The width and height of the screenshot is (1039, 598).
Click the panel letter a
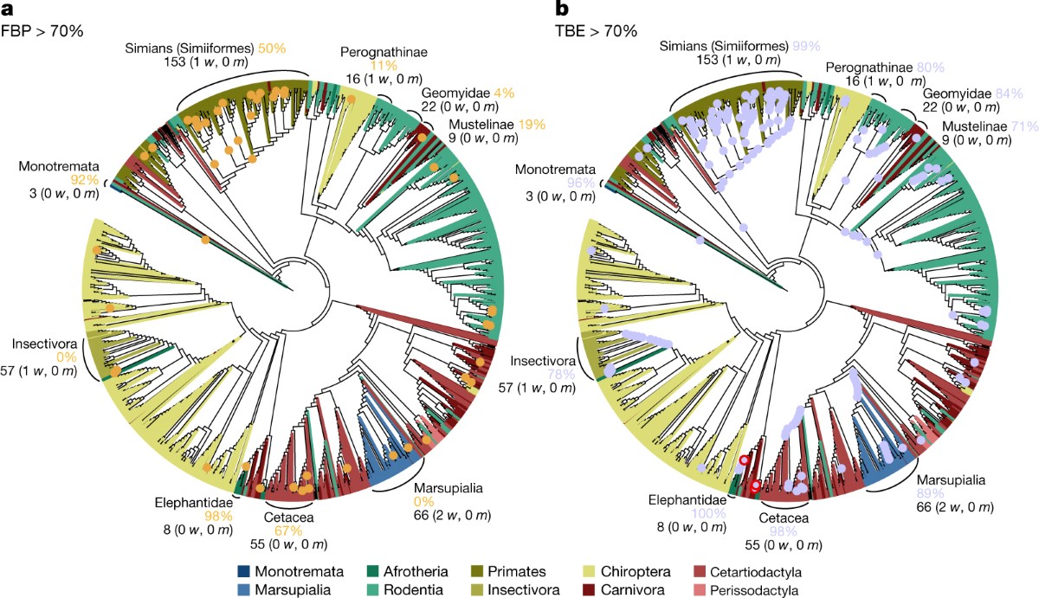(x=8, y=10)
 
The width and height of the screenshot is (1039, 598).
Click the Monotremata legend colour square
(x=244, y=572)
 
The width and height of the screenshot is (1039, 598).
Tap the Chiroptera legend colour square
(x=590, y=572)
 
